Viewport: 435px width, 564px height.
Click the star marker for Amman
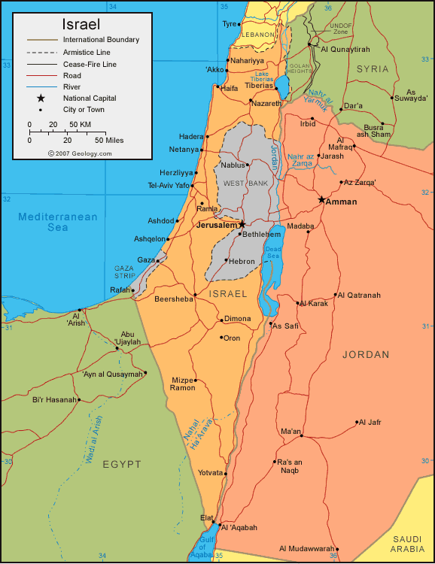point(322,200)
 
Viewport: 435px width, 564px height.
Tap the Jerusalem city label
point(217,225)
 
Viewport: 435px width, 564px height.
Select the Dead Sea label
point(272,252)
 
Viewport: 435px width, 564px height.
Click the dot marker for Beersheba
point(195,294)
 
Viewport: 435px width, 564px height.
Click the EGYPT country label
point(122,465)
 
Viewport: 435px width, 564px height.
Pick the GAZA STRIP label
point(124,271)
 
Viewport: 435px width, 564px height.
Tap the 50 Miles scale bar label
point(109,140)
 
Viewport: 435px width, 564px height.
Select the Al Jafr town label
point(370,422)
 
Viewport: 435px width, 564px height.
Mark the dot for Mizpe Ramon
point(195,380)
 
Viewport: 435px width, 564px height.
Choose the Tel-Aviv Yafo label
point(169,185)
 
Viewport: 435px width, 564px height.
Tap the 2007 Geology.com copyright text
point(80,153)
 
